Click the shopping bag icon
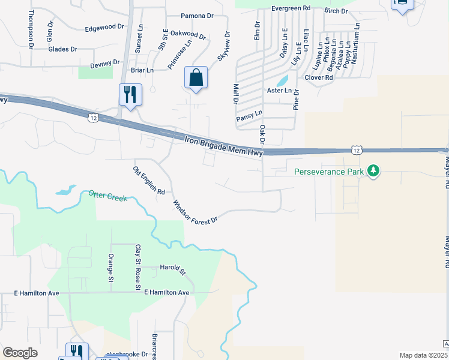coord(196,77)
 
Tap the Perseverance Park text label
coord(330,172)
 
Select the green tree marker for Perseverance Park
coord(374,171)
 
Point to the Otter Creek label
coord(108,196)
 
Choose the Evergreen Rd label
coord(291,8)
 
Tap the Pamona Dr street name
coord(197,16)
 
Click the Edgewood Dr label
coord(104,28)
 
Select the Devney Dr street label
coord(105,63)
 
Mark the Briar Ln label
coord(142,70)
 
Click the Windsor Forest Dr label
coord(194,212)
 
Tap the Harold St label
coord(173,268)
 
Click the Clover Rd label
coord(319,77)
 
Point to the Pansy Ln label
coord(249,114)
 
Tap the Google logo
coord(20,352)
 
